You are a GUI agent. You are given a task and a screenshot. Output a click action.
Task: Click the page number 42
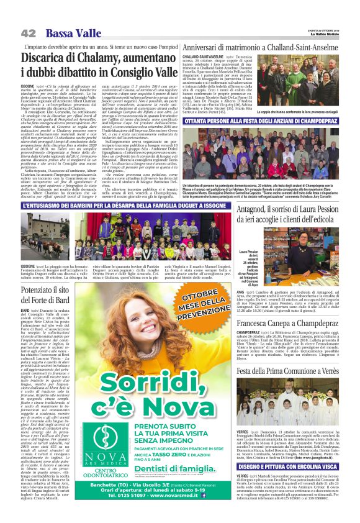point(27,33)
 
